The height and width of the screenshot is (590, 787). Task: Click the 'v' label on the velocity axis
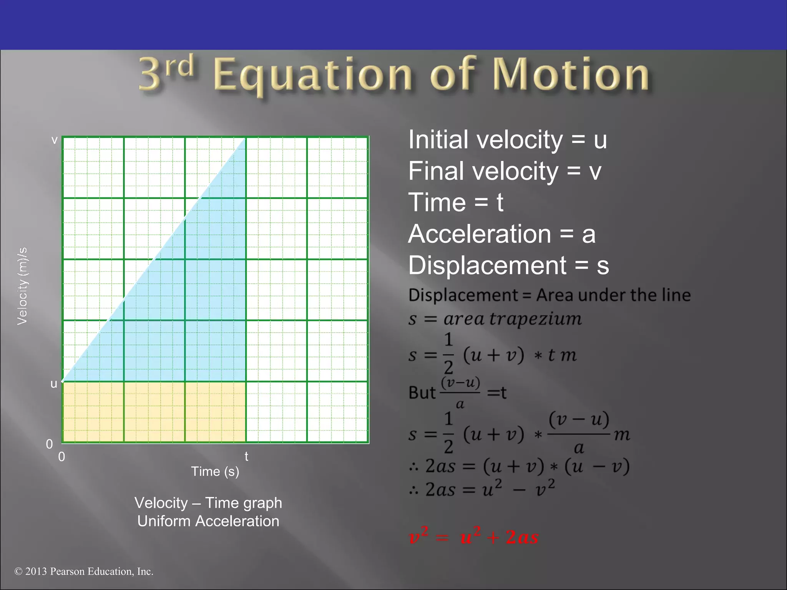54,140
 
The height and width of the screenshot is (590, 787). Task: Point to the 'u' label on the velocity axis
54,383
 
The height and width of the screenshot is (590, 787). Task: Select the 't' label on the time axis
246,456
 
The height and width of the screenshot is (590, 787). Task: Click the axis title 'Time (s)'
215,471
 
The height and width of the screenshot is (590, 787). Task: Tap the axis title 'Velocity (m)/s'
22,286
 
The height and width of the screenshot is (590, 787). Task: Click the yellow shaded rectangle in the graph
154,412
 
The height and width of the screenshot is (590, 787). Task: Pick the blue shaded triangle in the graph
200,307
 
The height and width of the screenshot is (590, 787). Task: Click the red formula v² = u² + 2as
473,536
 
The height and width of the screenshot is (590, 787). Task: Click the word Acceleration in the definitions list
480,234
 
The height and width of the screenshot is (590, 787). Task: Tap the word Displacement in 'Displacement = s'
487,265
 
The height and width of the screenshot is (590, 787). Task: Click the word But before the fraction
422,393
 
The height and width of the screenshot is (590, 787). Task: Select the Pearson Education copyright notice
84,571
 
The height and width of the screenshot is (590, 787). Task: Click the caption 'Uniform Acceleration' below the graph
208,521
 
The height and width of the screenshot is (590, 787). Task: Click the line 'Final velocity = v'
505,171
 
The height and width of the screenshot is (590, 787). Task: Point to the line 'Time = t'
455,202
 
